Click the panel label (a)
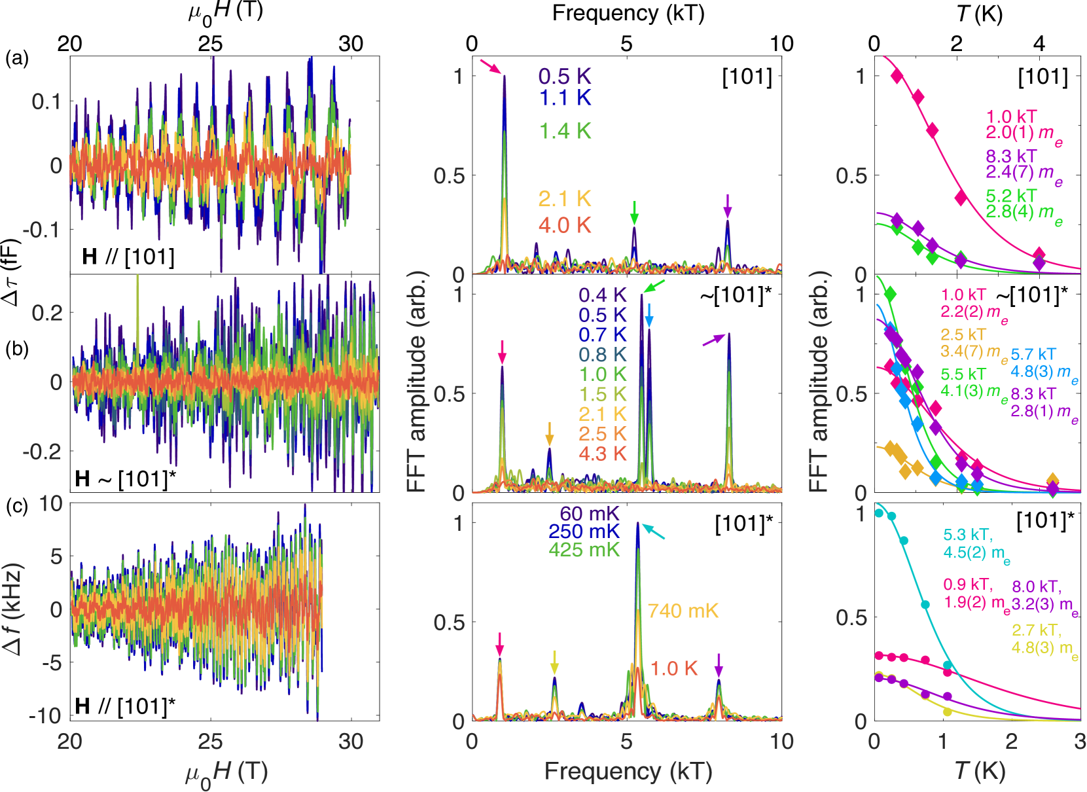pos(17,59)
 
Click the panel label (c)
pos(17,506)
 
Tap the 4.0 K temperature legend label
pos(564,225)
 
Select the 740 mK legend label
pos(683,611)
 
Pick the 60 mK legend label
pos(589,513)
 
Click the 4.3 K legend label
pos(602,454)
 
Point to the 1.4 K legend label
pos(564,131)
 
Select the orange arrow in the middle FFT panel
pos(550,433)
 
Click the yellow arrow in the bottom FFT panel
pos(555,662)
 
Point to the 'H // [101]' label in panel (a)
pos(128,257)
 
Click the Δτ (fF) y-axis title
pos(12,272)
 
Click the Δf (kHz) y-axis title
pos(12,609)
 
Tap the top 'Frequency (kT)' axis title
pos(628,13)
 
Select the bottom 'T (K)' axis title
pos(978,770)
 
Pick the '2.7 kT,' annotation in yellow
pos(1037,630)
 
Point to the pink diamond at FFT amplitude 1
pos(897,76)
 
